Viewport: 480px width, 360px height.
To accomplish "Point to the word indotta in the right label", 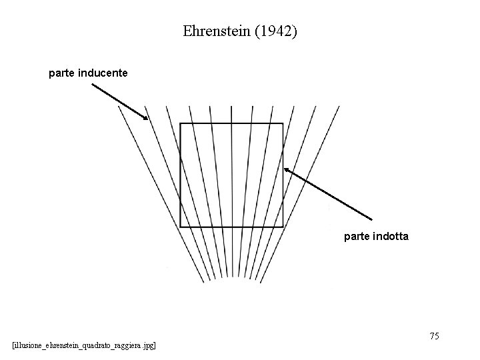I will pyautogui.click(x=393, y=236).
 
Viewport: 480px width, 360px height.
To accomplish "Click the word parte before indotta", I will pyautogui.click(x=358, y=236).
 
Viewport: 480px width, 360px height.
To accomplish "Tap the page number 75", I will pyautogui.click(x=434, y=336).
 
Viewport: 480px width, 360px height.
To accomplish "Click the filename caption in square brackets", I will pyautogui.click(x=84, y=345).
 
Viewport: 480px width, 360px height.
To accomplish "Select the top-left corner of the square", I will pyautogui.click(x=181, y=124).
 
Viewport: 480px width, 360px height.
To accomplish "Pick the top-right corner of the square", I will pyautogui.click(x=283, y=124).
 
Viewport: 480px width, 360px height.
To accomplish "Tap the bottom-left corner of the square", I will pyautogui.click(x=181, y=227).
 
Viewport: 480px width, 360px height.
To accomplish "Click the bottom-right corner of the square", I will pyautogui.click(x=283, y=227).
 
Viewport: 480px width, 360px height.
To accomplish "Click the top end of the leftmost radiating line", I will pyautogui.click(x=118, y=107).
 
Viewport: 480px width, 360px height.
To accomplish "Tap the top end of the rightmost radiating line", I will pyautogui.click(x=339, y=107).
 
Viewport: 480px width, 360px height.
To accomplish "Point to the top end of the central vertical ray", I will pyautogui.click(x=231, y=107).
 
